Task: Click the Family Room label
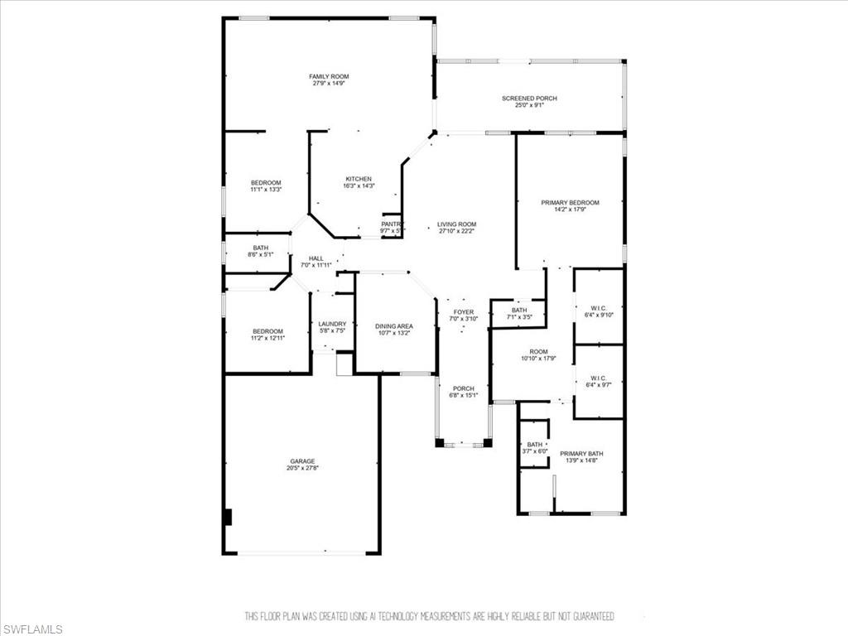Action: (x=329, y=76)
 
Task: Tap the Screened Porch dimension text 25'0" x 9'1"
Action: (x=529, y=105)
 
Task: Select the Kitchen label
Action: (x=359, y=179)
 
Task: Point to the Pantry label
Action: (x=391, y=224)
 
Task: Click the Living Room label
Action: (x=457, y=224)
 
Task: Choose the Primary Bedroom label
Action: (x=570, y=202)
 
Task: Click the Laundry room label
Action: (x=333, y=324)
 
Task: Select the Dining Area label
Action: (x=394, y=326)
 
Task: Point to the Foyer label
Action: (x=463, y=312)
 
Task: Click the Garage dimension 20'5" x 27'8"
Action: (x=302, y=469)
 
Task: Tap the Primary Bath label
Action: (x=581, y=453)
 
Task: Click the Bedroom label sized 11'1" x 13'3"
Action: (x=266, y=182)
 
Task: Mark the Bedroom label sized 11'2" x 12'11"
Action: (x=267, y=331)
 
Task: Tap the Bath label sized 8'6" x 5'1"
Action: (x=261, y=248)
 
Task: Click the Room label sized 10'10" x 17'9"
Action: (x=538, y=352)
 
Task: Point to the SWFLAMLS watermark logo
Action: (x=31, y=629)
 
